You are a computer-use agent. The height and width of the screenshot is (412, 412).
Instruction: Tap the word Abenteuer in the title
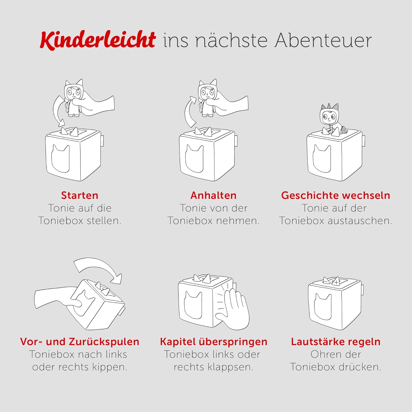pyautogui.click(x=323, y=40)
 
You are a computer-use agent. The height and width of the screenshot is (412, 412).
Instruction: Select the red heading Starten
pyautogui.click(x=80, y=195)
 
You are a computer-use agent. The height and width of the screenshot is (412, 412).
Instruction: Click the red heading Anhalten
pyautogui.click(x=213, y=195)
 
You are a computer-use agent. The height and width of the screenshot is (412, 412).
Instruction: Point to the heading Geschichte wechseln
pyautogui.click(x=336, y=195)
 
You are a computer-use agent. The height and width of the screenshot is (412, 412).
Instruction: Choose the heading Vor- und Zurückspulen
pyautogui.click(x=80, y=342)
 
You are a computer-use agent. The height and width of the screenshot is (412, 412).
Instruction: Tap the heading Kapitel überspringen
pyautogui.click(x=214, y=342)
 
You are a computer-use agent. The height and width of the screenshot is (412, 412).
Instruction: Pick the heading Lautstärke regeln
pyautogui.click(x=336, y=342)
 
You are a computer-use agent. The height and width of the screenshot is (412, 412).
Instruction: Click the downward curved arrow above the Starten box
pyautogui.click(x=55, y=110)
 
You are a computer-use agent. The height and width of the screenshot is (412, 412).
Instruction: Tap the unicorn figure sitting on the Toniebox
pyautogui.click(x=332, y=119)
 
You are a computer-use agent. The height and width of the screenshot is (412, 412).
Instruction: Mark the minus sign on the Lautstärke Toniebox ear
pyautogui.click(x=326, y=281)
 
